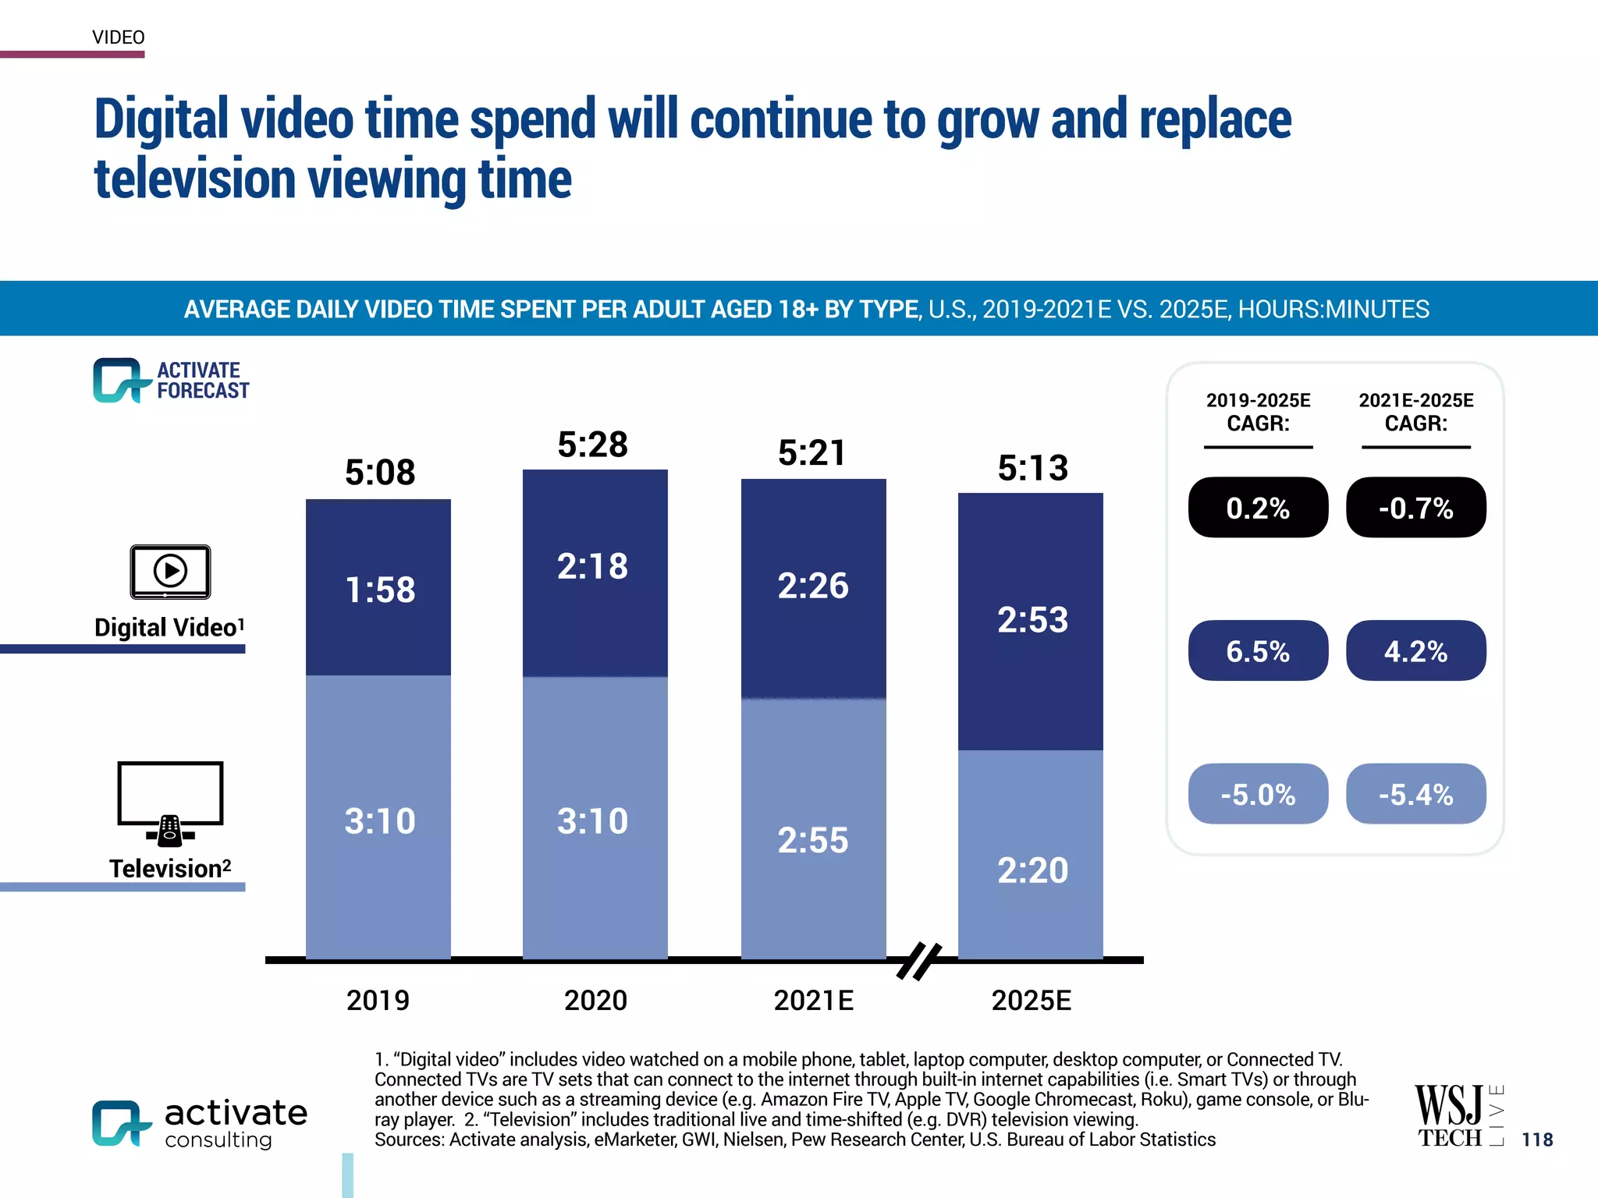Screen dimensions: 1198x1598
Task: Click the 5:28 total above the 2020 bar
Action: tap(592, 445)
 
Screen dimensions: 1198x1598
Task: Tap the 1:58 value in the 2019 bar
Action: tap(380, 590)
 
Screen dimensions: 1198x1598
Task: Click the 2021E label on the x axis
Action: tap(813, 1001)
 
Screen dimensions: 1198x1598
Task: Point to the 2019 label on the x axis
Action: tap(378, 1001)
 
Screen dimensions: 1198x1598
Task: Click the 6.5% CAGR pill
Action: tap(1258, 651)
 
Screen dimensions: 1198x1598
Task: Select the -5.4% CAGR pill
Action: tap(1415, 794)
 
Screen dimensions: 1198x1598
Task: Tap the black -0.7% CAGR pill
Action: tap(1415, 508)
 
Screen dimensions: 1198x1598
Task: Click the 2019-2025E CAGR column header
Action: tap(1258, 412)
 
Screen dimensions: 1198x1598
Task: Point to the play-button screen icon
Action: tap(170, 572)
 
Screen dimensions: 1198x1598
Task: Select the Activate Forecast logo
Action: tap(171, 381)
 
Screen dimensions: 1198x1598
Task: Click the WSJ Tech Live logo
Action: tap(1458, 1116)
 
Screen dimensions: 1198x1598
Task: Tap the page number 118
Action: tap(1537, 1140)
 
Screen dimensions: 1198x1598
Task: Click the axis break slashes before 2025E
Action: tap(918, 960)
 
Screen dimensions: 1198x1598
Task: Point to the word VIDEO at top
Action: tap(119, 37)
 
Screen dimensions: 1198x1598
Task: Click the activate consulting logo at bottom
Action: tap(200, 1124)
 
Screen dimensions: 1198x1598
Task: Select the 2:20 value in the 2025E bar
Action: tap(1032, 870)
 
